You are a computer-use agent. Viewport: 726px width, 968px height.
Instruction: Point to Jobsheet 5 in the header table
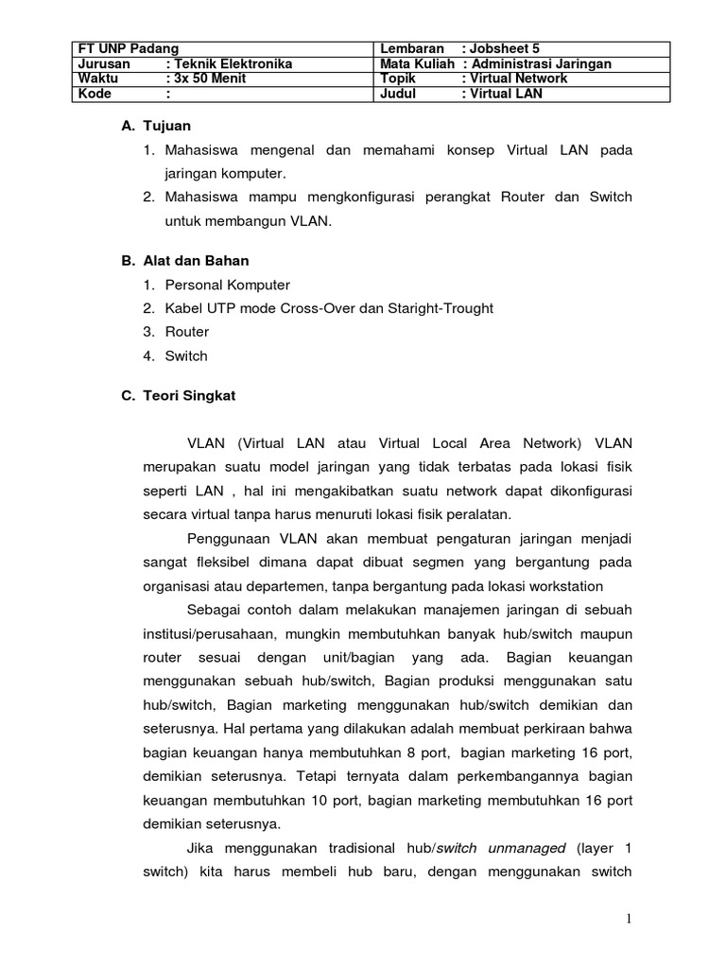(505, 49)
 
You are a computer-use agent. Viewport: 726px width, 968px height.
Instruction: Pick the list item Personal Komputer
(228, 285)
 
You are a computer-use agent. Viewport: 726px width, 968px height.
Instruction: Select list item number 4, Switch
(186, 356)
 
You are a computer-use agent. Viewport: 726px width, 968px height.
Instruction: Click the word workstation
(567, 585)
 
